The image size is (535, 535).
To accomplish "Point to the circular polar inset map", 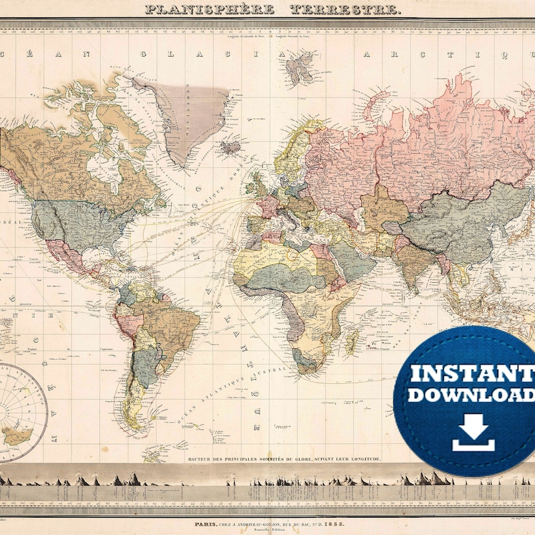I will click(19, 411).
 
